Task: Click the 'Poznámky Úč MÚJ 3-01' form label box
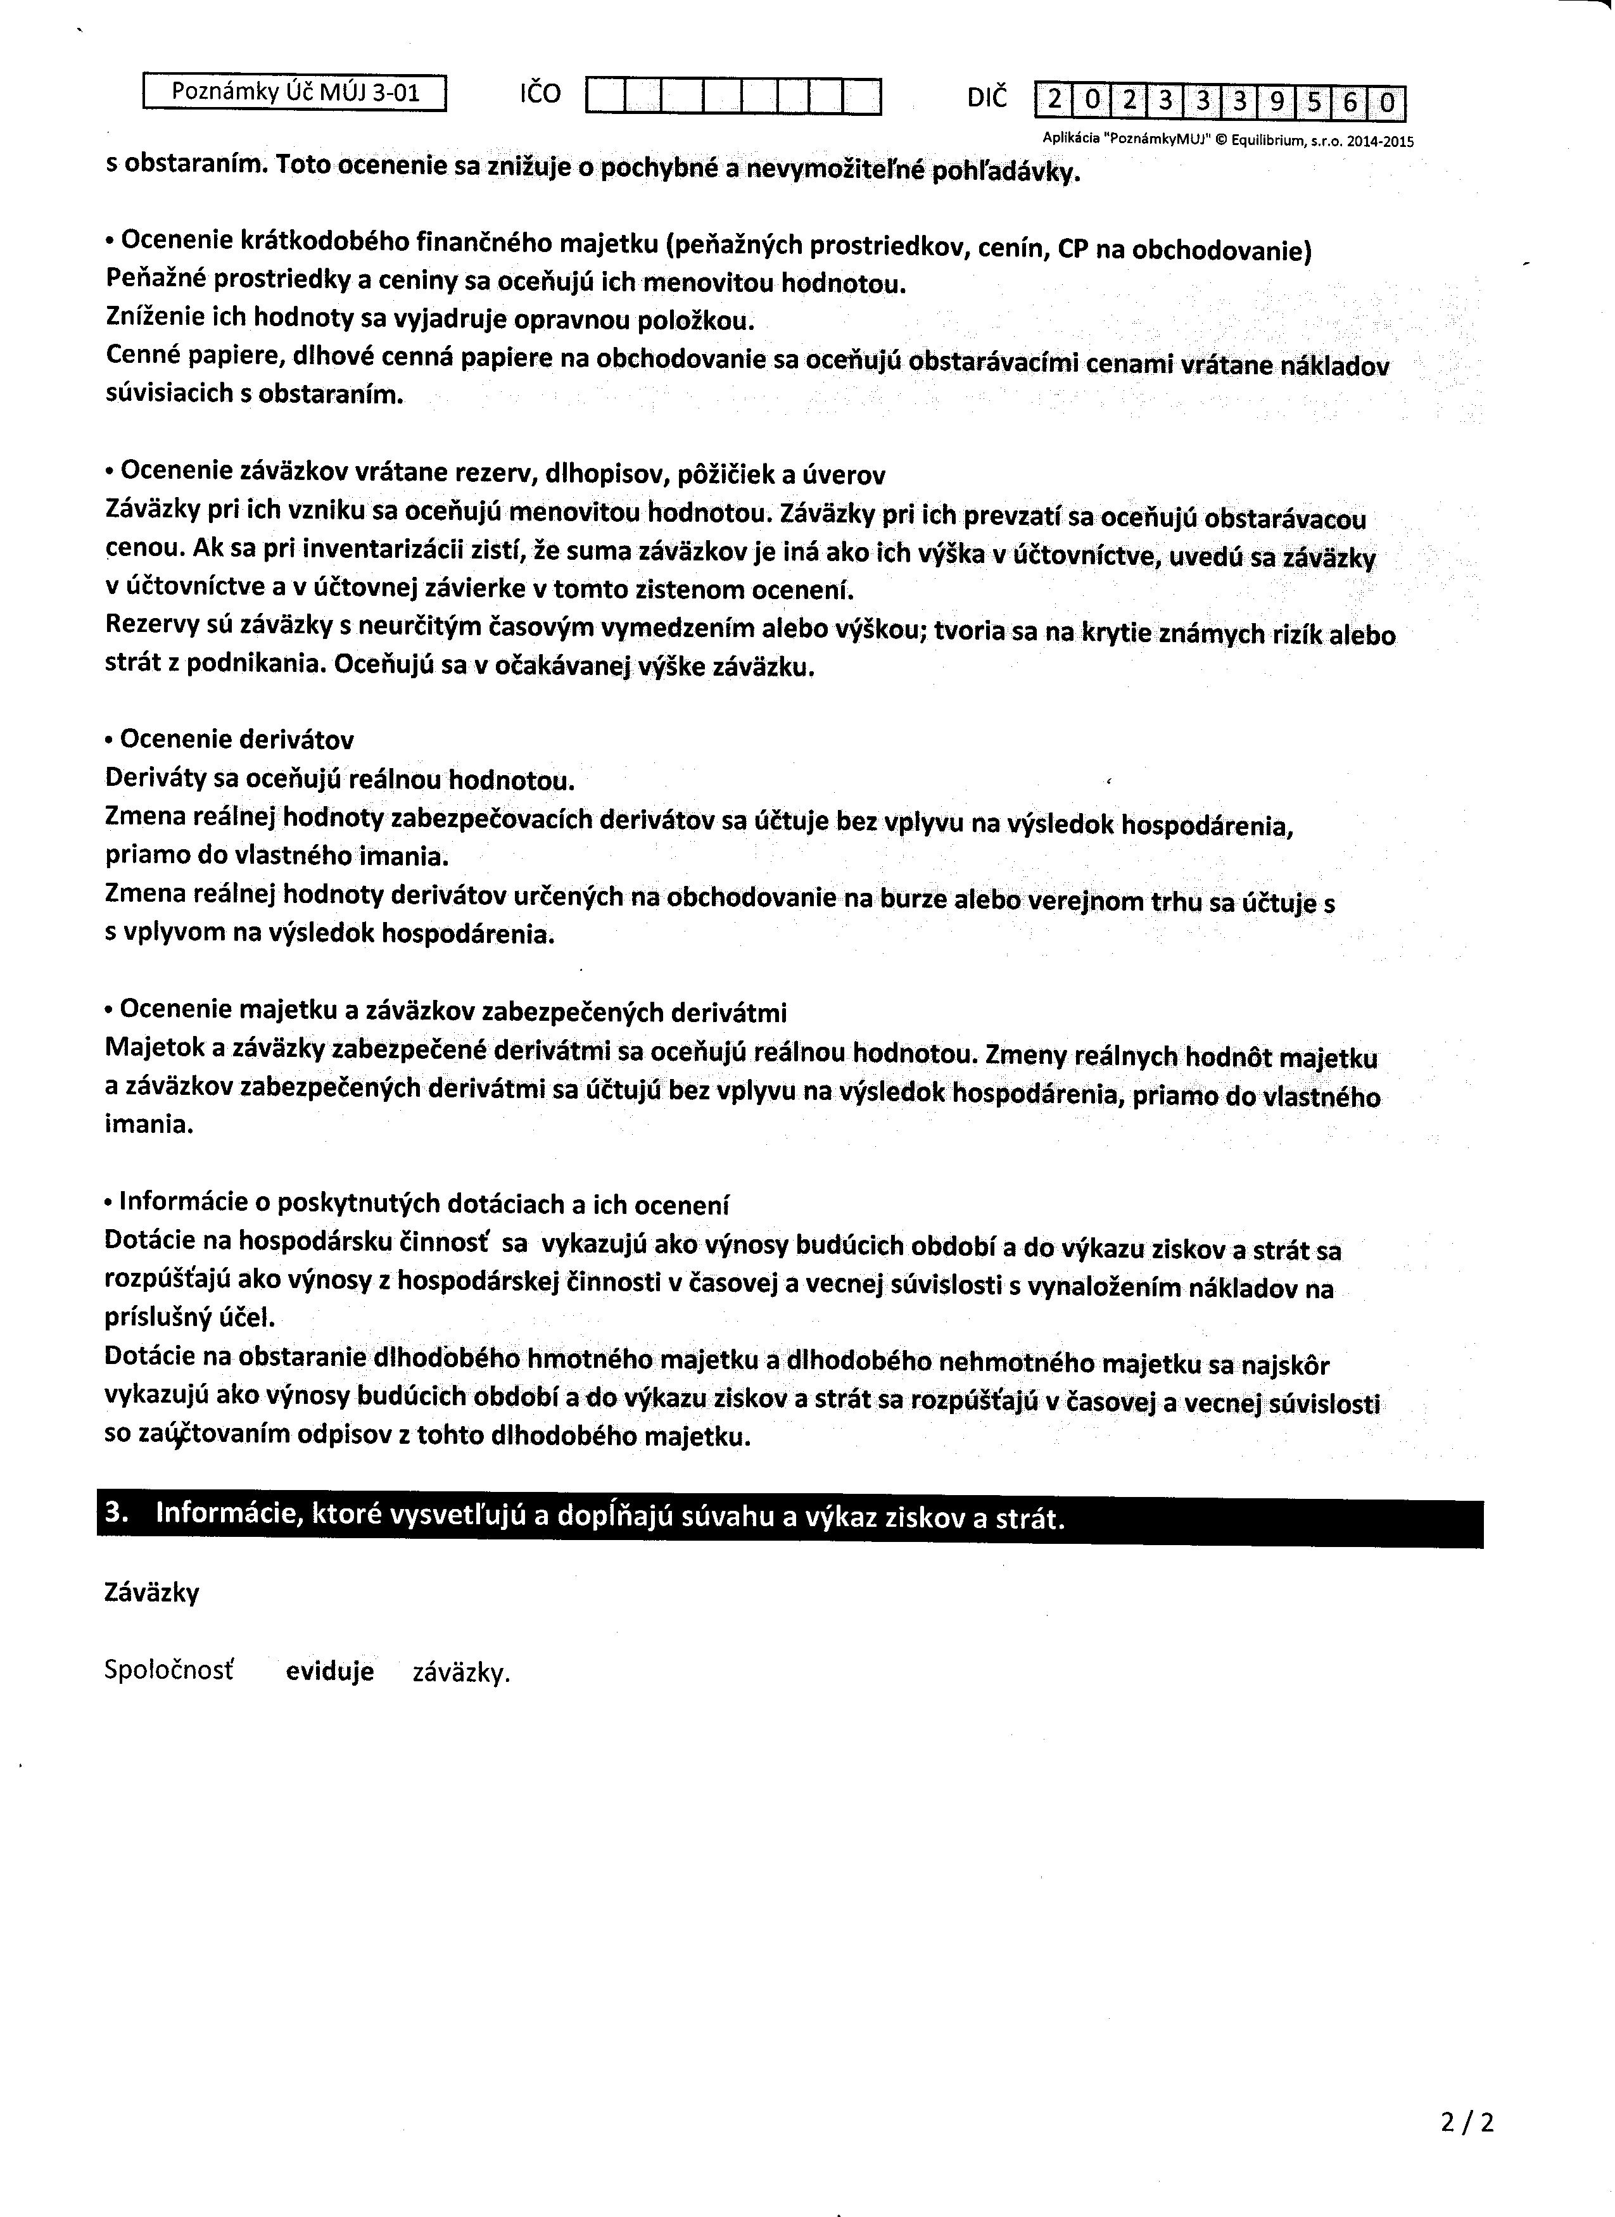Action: pyautogui.click(x=294, y=93)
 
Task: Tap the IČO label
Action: pyautogui.click(x=540, y=94)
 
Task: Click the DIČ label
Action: pyautogui.click(x=985, y=97)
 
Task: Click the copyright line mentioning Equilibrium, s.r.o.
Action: pyautogui.click(x=1229, y=141)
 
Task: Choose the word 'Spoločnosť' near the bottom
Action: pyautogui.click(x=169, y=1670)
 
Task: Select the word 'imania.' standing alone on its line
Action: pyautogui.click(x=149, y=1124)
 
